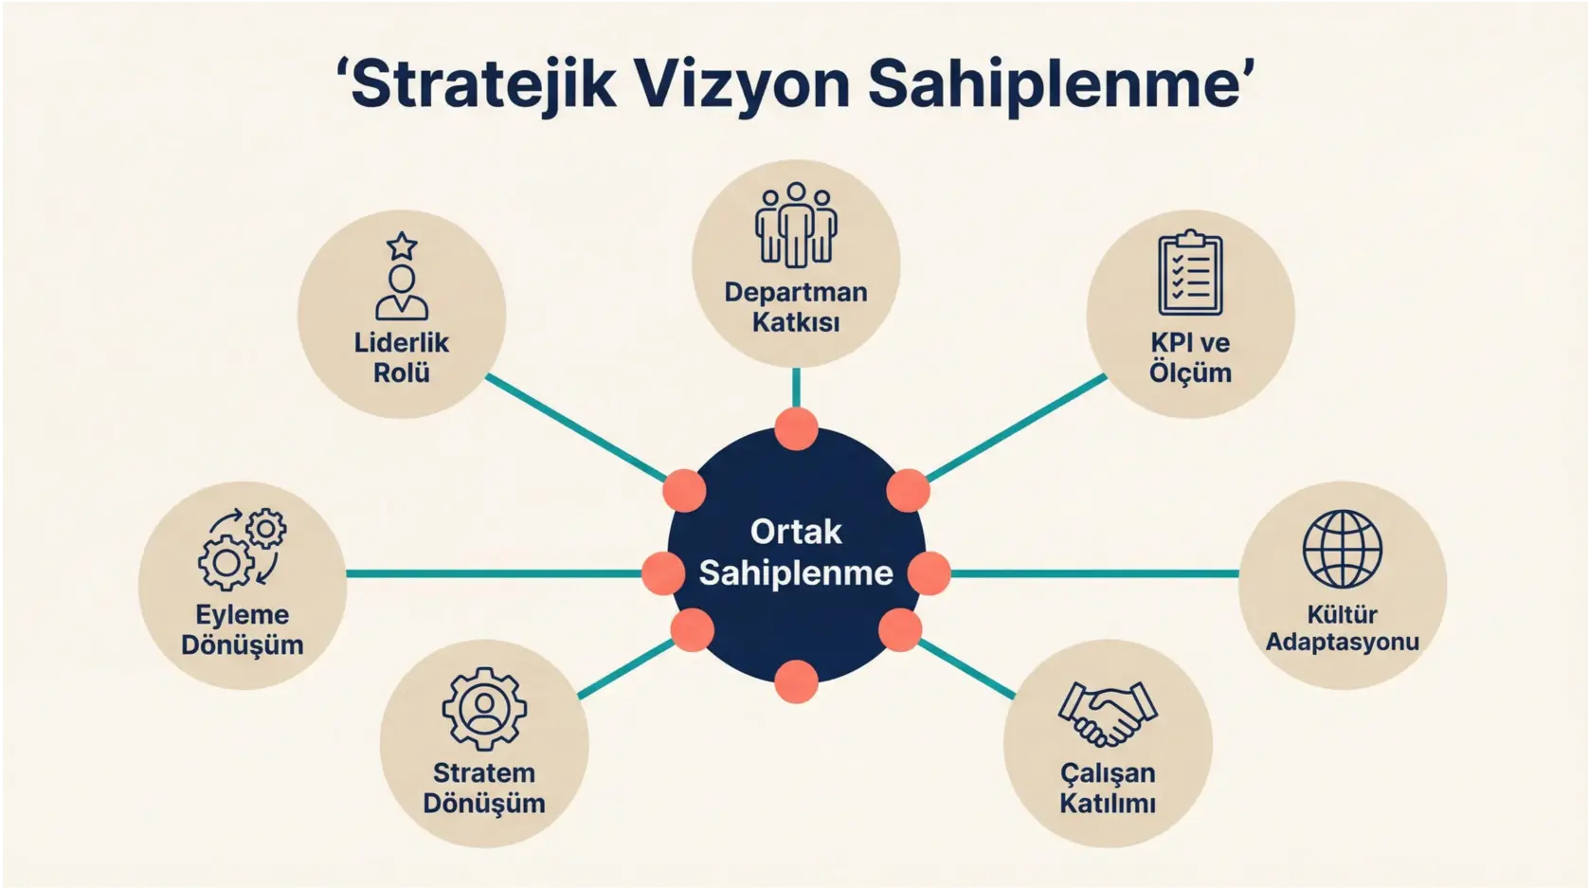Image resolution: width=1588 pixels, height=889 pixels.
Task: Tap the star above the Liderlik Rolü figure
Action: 402,246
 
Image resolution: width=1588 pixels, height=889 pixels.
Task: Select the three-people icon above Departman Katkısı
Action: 796,225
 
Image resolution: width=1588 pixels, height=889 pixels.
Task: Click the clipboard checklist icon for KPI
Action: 1190,273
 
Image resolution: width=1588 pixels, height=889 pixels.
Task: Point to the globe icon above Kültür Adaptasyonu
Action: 1342,550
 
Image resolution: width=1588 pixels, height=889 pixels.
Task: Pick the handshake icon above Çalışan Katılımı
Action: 1107,714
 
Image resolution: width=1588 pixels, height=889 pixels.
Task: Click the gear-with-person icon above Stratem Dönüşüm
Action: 484,709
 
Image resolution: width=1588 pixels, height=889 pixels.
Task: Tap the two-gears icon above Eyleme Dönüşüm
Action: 243,550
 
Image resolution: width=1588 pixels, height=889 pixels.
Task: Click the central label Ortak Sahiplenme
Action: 796,553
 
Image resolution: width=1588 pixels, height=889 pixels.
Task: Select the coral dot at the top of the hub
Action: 796,429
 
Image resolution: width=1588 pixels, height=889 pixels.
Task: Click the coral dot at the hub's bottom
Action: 796,681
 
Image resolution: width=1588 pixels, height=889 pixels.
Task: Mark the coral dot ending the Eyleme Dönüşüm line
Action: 663,573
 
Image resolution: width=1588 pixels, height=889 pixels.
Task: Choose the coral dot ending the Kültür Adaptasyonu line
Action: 929,573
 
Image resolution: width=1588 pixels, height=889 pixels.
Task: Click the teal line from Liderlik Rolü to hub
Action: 576,427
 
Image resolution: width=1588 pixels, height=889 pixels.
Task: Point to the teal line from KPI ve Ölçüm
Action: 1016,427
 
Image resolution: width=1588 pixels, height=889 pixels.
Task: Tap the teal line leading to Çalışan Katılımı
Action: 966,670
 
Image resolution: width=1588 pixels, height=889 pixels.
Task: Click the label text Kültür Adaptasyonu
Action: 1342,628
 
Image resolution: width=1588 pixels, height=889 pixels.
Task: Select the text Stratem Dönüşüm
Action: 484,788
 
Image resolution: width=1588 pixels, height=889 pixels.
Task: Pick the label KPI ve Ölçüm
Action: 1190,357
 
